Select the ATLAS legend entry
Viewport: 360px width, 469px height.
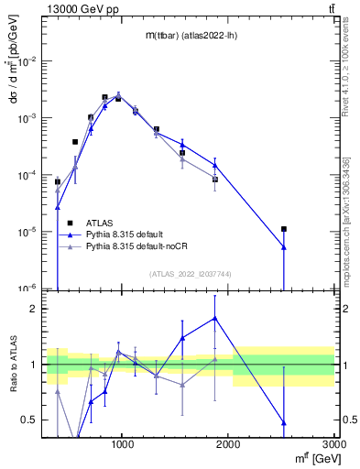click(100, 223)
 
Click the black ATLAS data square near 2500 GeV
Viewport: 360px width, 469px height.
click(284, 229)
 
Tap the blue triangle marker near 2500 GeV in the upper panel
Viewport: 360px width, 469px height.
click(284, 246)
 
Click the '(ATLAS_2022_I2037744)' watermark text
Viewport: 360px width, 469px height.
click(191, 273)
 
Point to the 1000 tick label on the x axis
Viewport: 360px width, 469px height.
click(123, 444)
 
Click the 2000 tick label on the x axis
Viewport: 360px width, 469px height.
click(228, 444)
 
